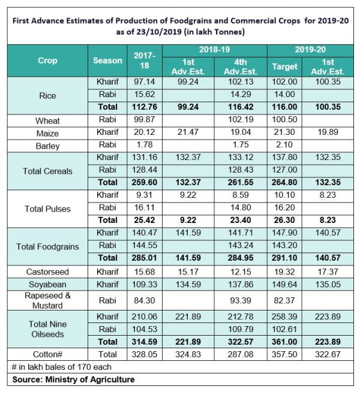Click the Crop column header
tap(47, 61)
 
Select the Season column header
tap(107, 61)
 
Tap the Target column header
tap(285, 66)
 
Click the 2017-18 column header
tap(143, 61)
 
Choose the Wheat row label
tap(47, 120)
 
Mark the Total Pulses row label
tap(47, 209)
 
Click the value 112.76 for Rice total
tap(143, 108)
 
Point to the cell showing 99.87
tap(143, 120)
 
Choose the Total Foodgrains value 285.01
tap(143, 258)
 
